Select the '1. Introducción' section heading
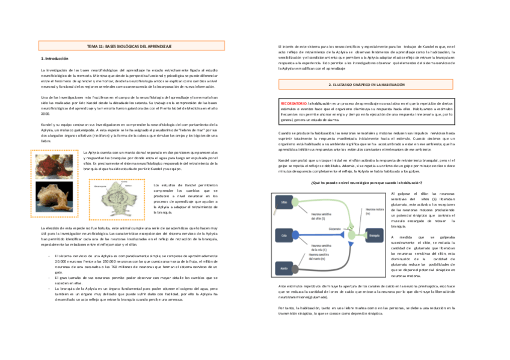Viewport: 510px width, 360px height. click(54, 59)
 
